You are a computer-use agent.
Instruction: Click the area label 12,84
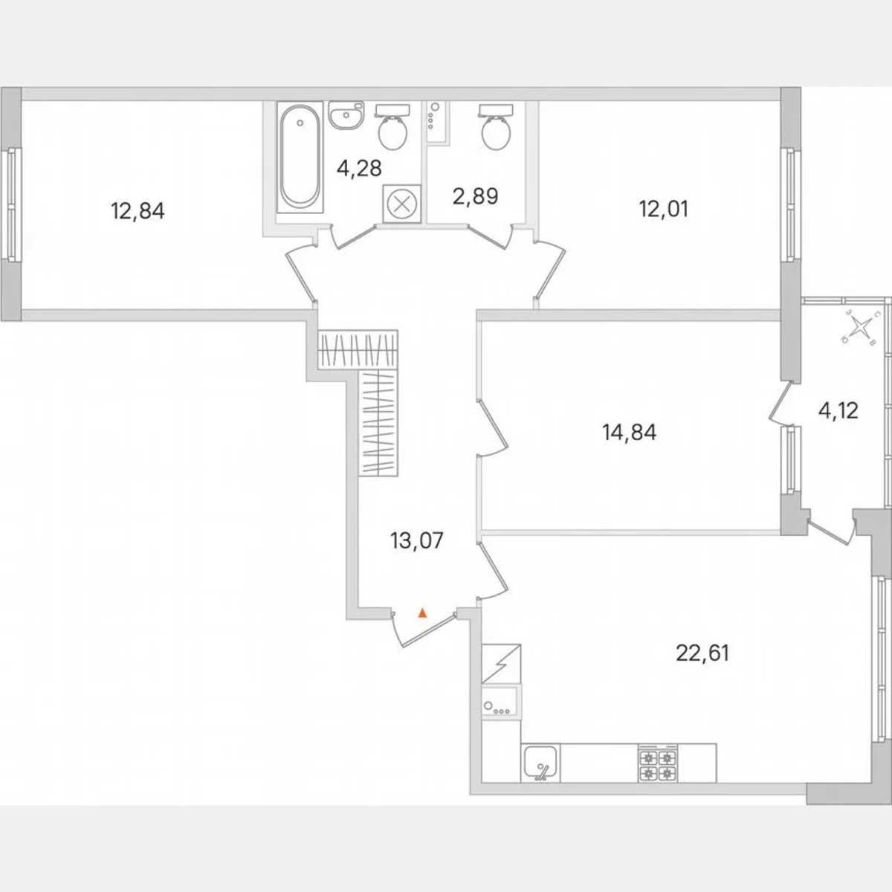tap(138, 212)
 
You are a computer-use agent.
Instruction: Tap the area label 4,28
tap(359, 169)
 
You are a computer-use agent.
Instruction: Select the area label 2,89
tap(475, 196)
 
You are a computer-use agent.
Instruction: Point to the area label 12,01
tap(664, 209)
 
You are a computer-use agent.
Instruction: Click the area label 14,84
tap(630, 432)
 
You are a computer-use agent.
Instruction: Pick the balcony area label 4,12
tap(838, 410)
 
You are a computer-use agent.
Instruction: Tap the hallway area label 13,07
tap(417, 540)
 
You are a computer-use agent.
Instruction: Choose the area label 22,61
tap(702, 653)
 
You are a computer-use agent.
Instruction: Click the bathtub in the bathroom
tap(300, 157)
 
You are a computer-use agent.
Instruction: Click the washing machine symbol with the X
tap(402, 204)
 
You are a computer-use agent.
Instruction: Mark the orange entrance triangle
tap(422, 613)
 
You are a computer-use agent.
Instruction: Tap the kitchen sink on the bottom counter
tap(540, 763)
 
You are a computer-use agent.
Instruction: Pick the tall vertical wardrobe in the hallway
tap(378, 422)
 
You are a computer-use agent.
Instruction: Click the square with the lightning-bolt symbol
tap(502, 664)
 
